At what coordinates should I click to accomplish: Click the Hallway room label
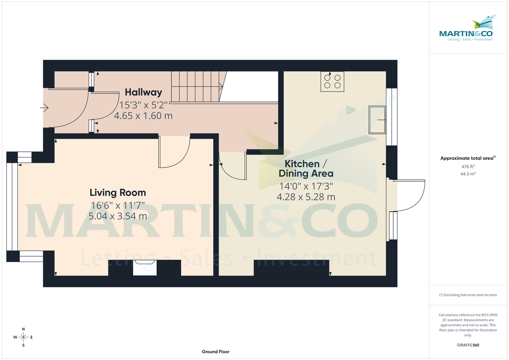(x=143, y=92)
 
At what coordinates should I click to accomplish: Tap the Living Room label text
(x=117, y=193)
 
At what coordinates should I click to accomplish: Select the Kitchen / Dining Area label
(x=305, y=168)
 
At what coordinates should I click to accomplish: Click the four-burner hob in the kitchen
(x=332, y=81)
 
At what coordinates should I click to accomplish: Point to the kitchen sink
(x=377, y=120)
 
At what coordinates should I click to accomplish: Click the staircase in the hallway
(x=197, y=87)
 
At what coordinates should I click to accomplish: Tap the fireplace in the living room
(x=145, y=268)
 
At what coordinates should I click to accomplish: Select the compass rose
(x=23, y=337)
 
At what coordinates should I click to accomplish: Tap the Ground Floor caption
(x=215, y=352)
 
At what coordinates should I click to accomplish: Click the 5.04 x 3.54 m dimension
(x=117, y=216)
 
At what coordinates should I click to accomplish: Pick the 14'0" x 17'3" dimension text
(x=305, y=186)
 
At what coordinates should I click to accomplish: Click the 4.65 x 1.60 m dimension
(x=143, y=115)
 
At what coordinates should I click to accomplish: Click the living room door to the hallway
(x=174, y=153)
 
